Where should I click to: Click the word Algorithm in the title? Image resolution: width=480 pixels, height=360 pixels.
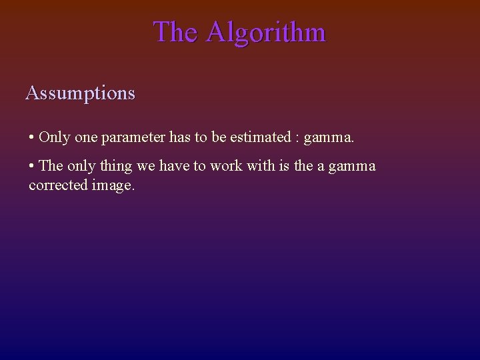tap(265, 32)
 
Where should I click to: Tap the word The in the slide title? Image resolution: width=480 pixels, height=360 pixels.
tap(175, 32)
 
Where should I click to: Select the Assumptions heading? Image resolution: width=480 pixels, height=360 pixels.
tap(80, 93)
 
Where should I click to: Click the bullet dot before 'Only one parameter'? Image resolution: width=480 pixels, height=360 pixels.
tap(31, 138)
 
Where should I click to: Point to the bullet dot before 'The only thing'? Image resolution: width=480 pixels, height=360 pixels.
tap(31, 166)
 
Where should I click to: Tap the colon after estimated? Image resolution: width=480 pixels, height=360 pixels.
tap(297, 139)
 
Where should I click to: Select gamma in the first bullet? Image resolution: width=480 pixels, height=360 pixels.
tap(328, 139)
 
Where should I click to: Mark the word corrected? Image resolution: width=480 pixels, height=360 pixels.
tap(58, 185)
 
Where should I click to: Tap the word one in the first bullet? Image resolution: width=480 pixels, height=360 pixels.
tap(85, 138)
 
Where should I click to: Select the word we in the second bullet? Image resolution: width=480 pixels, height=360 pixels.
tap(145, 166)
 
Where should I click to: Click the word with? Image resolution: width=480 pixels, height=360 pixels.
tap(260, 165)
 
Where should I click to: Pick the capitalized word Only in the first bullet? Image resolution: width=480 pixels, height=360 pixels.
tap(54, 137)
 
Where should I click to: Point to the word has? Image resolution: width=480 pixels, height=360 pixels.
tap(180, 137)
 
